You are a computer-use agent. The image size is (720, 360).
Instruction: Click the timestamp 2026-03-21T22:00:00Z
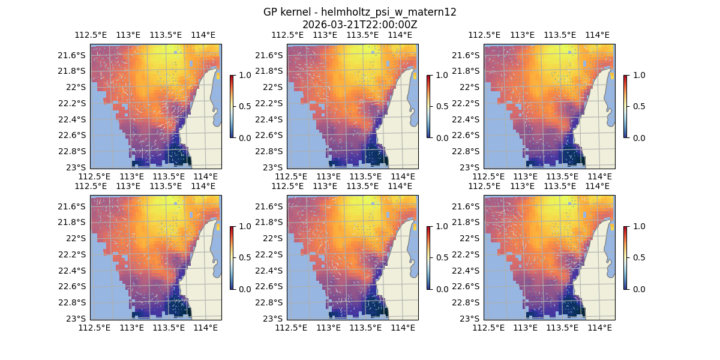click(359, 25)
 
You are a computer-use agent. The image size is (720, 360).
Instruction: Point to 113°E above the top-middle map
click(325, 35)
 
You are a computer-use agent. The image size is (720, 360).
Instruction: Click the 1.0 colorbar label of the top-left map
click(242, 75)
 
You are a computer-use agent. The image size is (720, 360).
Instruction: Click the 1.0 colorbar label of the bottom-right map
click(636, 226)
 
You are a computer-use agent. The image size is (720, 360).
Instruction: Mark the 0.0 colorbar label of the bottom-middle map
click(439, 289)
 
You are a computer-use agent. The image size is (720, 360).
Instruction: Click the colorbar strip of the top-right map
click(625, 106)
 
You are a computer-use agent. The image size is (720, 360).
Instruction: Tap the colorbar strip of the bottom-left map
click(232, 257)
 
